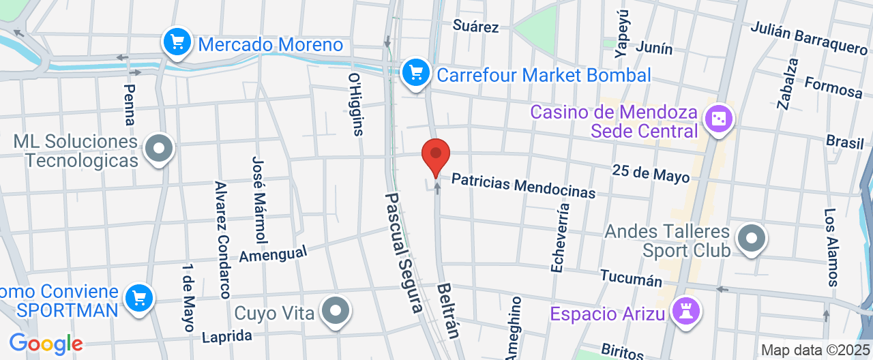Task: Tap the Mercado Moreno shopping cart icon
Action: pyautogui.click(x=177, y=43)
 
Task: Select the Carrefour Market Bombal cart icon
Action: pyautogui.click(x=415, y=72)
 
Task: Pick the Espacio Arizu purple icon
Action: pyautogui.click(x=686, y=312)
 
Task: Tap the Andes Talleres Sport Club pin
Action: pyautogui.click(x=752, y=239)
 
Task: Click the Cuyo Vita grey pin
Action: pyautogui.click(x=335, y=311)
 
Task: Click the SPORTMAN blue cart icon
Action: pyautogui.click(x=140, y=297)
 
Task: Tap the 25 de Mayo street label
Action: pyautogui.click(x=651, y=173)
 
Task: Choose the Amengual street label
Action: pyautogui.click(x=273, y=254)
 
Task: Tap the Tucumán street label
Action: pyautogui.click(x=631, y=278)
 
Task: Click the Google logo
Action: pyautogui.click(x=46, y=344)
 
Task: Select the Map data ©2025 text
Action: pyautogui.click(x=815, y=350)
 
